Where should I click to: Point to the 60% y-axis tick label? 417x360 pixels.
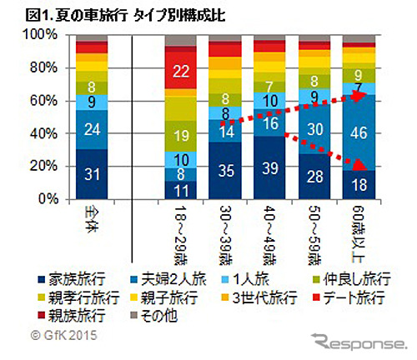tap(41, 101)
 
